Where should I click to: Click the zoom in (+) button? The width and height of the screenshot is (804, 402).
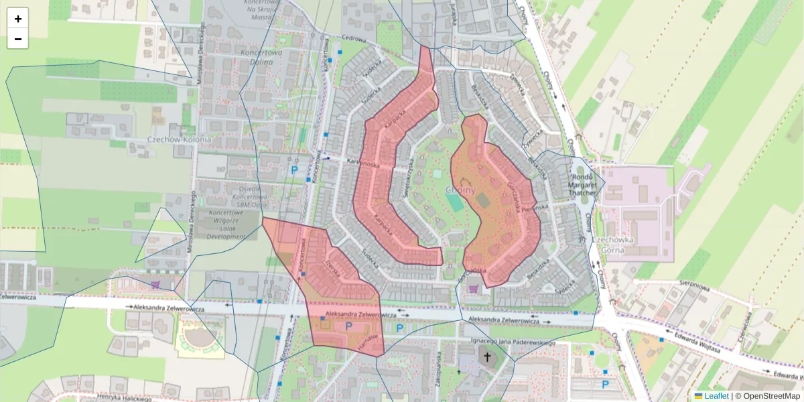click(18, 19)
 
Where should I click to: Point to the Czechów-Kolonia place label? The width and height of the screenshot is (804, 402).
click(178, 140)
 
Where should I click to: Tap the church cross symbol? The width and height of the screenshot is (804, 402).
click(487, 357)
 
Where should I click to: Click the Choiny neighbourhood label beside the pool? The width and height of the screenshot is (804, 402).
click(460, 190)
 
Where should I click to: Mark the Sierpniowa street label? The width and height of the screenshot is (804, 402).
click(695, 285)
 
